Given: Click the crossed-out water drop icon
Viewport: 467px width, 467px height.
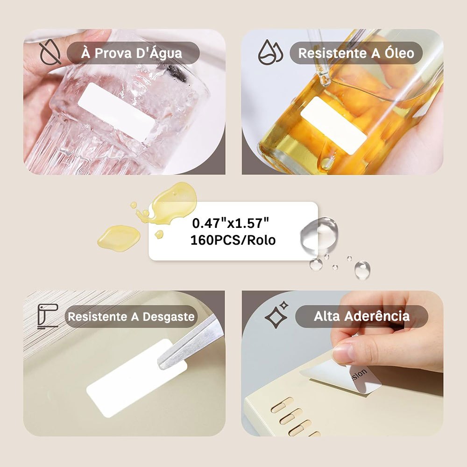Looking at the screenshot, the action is click(x=50, y=52).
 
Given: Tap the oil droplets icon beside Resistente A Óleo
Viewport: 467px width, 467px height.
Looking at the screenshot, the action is click(x=270, y=52).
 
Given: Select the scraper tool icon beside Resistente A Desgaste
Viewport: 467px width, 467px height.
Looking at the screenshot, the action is click(x=48, y=316).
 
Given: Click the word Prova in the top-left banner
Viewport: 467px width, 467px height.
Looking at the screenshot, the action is click(x=113, y=53).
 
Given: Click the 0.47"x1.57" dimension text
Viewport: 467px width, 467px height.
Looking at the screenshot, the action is click(x=231, y=223).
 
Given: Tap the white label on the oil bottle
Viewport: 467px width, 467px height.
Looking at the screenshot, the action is click(x=333, y=125).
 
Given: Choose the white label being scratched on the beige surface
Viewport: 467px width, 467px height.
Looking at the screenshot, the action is click(x=137, y=378).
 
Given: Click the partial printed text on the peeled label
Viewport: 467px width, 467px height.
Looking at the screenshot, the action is click(x=359, y=375).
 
